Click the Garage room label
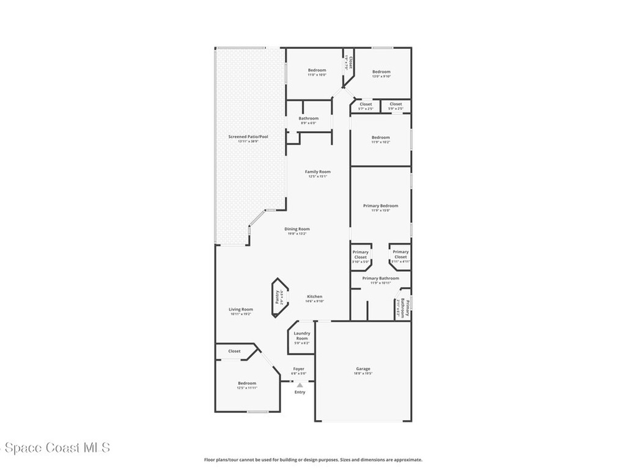(363, 369)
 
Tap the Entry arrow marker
(300, 385)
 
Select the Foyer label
(298, 369)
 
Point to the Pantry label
(277, 297)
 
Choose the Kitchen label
(314, 297)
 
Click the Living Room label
(241, 310)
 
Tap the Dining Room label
(297, 229)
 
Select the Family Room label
(317, 172)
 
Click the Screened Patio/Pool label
(248, 137)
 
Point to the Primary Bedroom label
(380, 206)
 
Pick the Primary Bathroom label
(380, 278)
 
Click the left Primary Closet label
(361, 255)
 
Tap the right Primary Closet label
(400, 255)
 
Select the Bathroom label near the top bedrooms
(309, 118)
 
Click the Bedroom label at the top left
(317, 70)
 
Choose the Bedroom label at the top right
(381, 72)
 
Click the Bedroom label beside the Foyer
(247, 384)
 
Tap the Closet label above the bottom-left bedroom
(234, 351)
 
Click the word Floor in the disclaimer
(208, 460)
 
